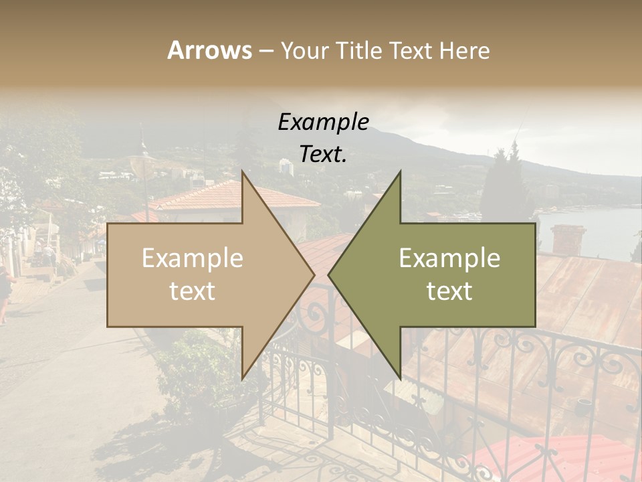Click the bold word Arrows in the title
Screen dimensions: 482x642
click(x=209, y=50)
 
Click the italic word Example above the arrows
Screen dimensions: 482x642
click(x=323, y=123)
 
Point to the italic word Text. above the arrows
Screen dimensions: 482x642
click(x=323, y=155)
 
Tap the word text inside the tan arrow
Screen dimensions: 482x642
click(x=192, y=291)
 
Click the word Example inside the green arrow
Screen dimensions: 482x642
click(x=449, y=258)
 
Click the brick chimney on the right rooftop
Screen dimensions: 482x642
click(x=568, y=240)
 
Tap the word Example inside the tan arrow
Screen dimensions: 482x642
click(x=192, y=258)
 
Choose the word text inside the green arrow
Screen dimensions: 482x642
click(x=449, y=291)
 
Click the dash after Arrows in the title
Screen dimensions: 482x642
click(x=265, y=50)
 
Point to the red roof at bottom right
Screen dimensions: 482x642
click(x=562, y=459)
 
